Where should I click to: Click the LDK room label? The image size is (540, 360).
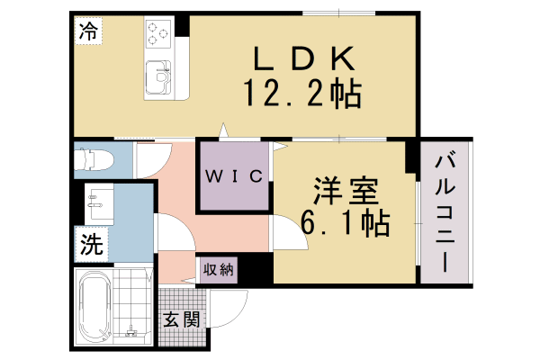(x=301, y=59)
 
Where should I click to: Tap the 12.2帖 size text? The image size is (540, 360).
(x=301, y=92)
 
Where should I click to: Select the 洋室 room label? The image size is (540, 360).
(x=346, y=193)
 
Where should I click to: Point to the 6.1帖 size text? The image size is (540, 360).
(x=346, y=221)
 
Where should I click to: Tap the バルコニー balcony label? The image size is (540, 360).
(x=445, y=214)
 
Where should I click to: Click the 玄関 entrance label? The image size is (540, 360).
(x=180, y=319)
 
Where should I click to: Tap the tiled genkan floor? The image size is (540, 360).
(x=180, y=306)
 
